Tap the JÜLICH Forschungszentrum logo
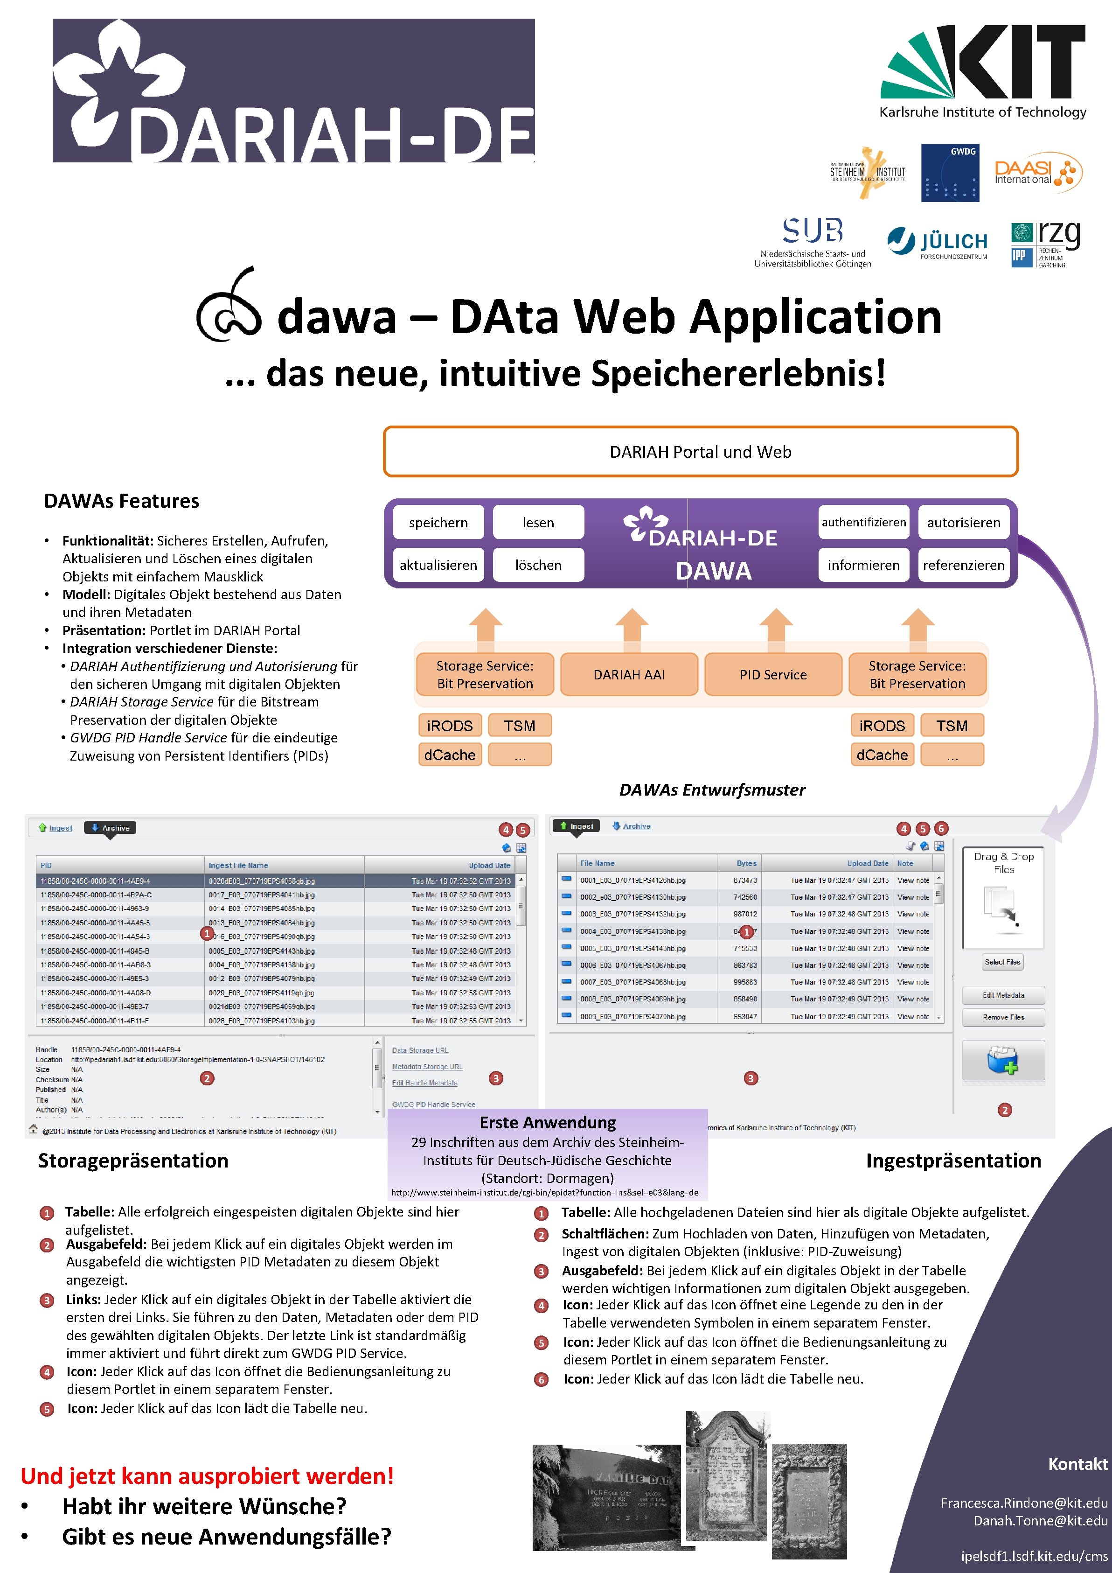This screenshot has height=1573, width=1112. click(x=938, y=243)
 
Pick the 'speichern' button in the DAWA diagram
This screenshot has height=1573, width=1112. click(x=438, y=522)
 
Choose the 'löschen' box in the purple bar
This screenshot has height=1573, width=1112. click(x=538, y=565)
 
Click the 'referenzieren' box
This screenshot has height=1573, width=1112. click(x=963, y=565)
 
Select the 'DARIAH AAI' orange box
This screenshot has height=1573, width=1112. click(x=629, y=674)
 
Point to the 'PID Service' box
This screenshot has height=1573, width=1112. click(x=773, y=674)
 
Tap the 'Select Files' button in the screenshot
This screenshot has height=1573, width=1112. click(x=1002, y=962)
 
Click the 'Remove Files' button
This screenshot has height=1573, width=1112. click(x=1003, y=1017)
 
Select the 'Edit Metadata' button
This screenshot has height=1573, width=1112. click(x=1003, y=995)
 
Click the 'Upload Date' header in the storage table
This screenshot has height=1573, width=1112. click(x=489, y=865)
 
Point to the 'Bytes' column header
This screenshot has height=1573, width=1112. click(x=746, y=863)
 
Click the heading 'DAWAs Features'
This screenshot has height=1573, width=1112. click(x=121, y=501)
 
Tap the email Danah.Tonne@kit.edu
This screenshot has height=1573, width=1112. click(x=1040, y=1520)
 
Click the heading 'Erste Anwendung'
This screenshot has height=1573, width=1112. click(x=547, y=1122)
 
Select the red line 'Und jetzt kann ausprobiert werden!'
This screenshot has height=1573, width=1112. click(x=207, y=1475)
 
